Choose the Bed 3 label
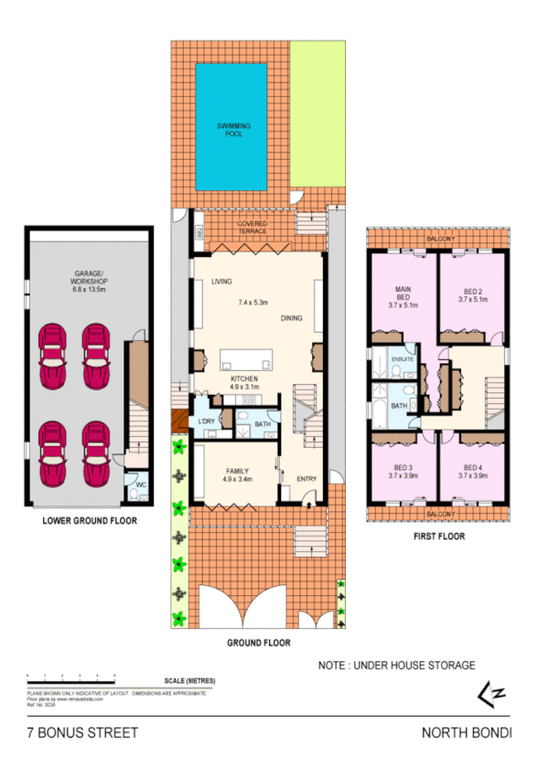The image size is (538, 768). pos(403,471)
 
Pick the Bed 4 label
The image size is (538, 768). pos(471,471)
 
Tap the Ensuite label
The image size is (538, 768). pos(403,359)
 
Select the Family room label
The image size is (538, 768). pos(237,475)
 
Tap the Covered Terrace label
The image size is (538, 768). pos(252,227)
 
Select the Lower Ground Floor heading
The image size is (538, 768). pos(90,522)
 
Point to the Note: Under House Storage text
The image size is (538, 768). pos(396,666)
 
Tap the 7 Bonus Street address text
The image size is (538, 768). pos(82,732)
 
